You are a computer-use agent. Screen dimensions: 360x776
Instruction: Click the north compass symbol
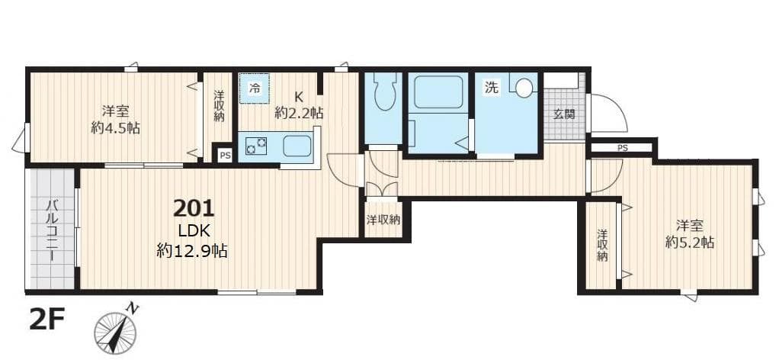pyautogui.click(x=116, y=332)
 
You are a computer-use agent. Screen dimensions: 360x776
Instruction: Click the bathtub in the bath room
pyautogui.click(x=438, y=92)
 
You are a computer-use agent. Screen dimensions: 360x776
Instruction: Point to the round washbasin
pyautogui.click(x=524, y=88)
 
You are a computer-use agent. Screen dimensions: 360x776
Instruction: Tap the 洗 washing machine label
pyautogui.click(x=492, y=88)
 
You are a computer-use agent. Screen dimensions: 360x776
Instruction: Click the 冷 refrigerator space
pyautogui.click(x=255, y=88)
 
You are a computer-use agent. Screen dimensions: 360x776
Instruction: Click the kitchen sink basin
pyautogui.click(x=297, y=145)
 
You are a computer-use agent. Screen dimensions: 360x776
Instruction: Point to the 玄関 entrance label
pyautogui.click(x=563, y=115)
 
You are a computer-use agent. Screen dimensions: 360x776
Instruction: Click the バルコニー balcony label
pyautogui.click(x=52, y=230)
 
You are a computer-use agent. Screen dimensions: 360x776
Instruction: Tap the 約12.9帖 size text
pyautogui.click(x=192, y=250)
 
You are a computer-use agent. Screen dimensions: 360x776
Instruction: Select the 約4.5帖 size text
pyautogui.click(x=114, y=127)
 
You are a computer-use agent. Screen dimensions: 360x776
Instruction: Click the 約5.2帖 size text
pyautogui.click(x=689, y=243)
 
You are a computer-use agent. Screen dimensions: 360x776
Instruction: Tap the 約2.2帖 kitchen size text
pyautogui.click(x=299, y=113)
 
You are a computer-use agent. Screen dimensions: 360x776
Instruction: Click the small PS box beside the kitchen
pyautogui.click(x=223, y=155)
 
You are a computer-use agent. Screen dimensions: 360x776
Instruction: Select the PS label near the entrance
pyautogui.click(x=622, y=148)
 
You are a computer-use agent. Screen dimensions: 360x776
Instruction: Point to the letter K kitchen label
pyautogui.click(x=299, y=97)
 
